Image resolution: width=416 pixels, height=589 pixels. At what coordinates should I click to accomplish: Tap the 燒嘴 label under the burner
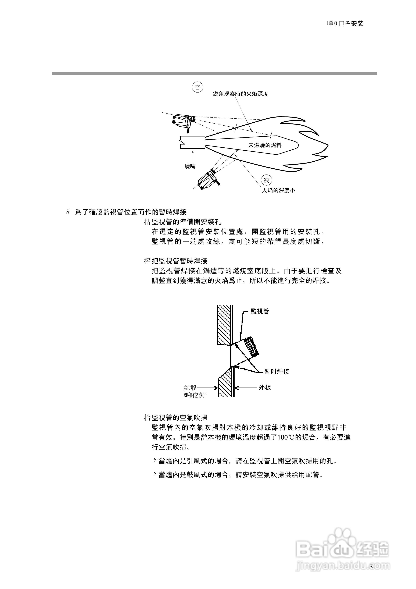point(190,166)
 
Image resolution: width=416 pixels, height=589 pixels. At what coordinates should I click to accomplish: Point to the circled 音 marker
point(198,87)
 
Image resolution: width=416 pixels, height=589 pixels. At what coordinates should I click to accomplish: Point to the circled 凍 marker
point(266,180)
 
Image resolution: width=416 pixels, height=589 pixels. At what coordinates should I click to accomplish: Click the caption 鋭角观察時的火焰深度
point(240,94)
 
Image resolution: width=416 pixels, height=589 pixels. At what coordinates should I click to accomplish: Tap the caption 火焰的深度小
point(278,190)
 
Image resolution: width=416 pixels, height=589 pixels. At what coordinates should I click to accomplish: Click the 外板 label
point(265,388)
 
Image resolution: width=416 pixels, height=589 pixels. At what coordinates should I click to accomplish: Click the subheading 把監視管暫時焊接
point(179,261)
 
